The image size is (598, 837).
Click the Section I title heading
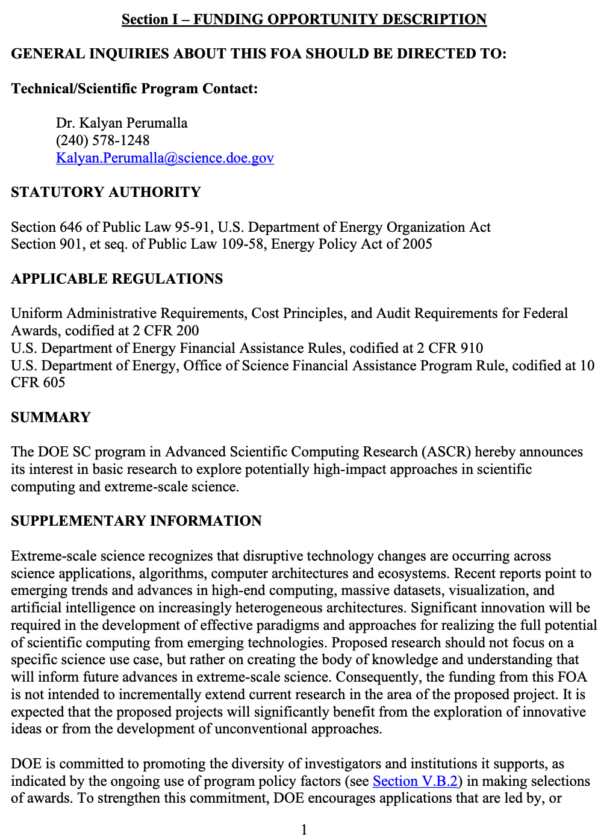click(304, 19)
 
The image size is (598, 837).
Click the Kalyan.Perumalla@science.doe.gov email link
click(164, 158)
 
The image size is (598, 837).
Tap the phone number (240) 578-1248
click(102, 140)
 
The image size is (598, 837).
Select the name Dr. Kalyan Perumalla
click(122, 123)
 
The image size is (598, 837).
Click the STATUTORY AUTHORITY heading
click(106, 192)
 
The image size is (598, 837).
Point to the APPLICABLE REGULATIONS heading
click(117, 279)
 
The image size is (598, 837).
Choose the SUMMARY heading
click(51, 417)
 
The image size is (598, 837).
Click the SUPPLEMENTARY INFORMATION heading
click(136, 521)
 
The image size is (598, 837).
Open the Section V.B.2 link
click(415, 781)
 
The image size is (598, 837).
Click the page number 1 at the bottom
click(304, 829)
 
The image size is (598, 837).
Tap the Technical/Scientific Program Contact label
click(134, 89)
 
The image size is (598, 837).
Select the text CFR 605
click(38, 382)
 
